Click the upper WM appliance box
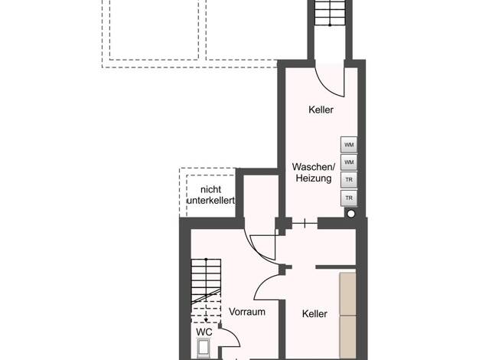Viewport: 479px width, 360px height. [349, 144]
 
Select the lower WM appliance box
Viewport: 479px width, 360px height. [349, 162]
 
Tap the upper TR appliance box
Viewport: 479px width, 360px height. [349, 180]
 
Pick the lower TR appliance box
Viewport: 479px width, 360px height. [349, 198]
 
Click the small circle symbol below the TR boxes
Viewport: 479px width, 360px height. [351, 214]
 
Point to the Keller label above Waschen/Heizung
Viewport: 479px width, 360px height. [321, 110]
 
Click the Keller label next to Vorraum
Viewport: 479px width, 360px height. [314, 313]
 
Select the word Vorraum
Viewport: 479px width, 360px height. [247, 312]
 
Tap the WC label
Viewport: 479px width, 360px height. [204, 332]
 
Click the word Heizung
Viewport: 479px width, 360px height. [314, 178]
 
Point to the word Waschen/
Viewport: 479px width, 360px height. [314, 167]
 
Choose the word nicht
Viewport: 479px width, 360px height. [210, 190]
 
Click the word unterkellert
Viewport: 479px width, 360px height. [210, 201]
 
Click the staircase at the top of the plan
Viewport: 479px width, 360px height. [330, 13]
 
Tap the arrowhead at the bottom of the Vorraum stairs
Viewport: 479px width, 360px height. [206, 320]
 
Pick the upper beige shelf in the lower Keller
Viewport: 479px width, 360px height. [348, 294]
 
